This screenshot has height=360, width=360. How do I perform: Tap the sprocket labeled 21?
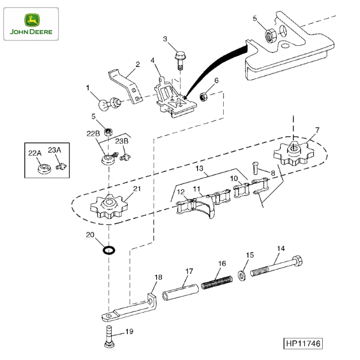pyautogui.click(x=108, y=208)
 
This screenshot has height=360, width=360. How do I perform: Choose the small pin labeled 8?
pyautogui.click(x=255, y=166)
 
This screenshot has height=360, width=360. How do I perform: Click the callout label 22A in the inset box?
pyautogui.click(x=35, y=152)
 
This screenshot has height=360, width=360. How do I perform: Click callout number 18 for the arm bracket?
pyautogui.click(x=158, y=277)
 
